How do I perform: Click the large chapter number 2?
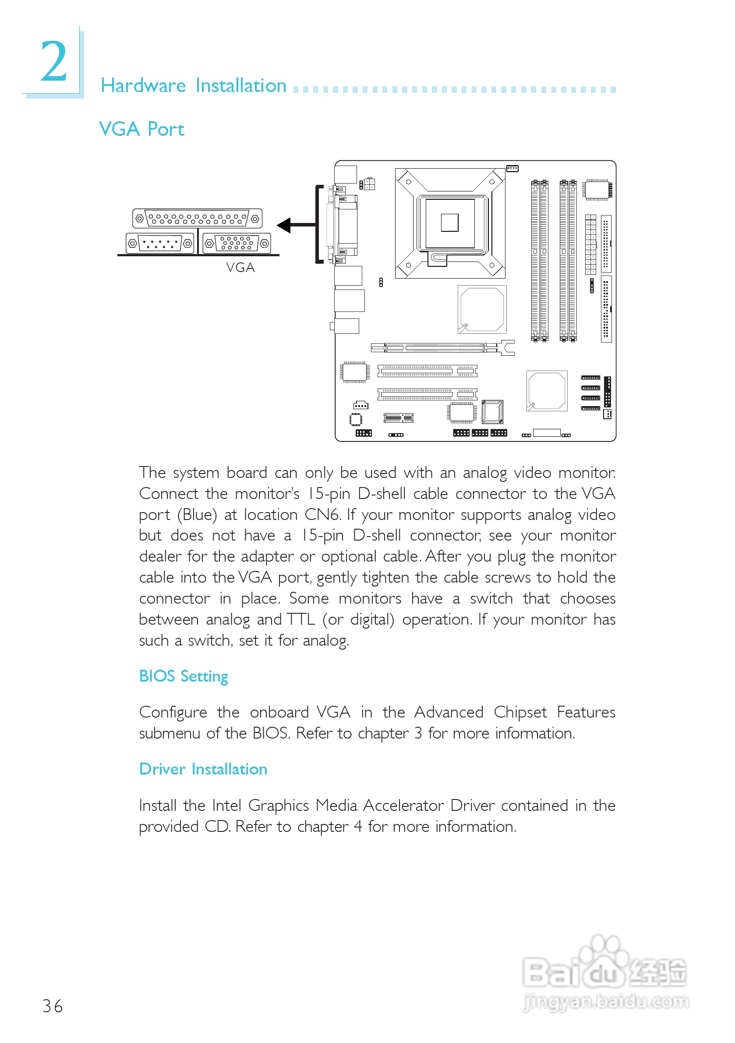pyautogui.click(x=53, y=62)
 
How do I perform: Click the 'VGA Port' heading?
pyautogui.click(x=141, y=130)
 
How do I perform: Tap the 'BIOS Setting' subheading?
pyautogui.click(x=183, y=676)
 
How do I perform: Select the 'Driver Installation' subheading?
pyautogui.click(x=203, y=769)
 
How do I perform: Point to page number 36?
pyautogui.click(x=52, y=1006)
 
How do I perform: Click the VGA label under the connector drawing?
pyautogui.click(x=240, y=268)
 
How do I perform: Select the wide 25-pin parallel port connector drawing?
pyautogui.click(x=197, y=219)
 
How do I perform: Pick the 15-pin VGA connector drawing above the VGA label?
pyautogui.click(x=237, y=243)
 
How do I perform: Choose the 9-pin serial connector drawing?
pyautogui.click(x=160, y=244)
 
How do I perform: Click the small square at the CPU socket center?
pyautogui.click(x=449, y=223)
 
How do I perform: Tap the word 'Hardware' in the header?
pyautogui.click(x=143, y=86)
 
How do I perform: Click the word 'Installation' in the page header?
pyautogui.click(x=241, y=86)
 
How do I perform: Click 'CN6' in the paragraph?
pyautogui.click(x=322, y=515)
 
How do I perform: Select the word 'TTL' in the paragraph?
pyautogui.click(x=301, y=619)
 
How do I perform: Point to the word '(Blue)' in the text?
pyautogui.click(x=197, y=515)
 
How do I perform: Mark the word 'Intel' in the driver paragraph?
pyautogui.click(x=226, y=806)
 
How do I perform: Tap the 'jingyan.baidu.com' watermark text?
pyautogui.click(x=606, y=1001)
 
